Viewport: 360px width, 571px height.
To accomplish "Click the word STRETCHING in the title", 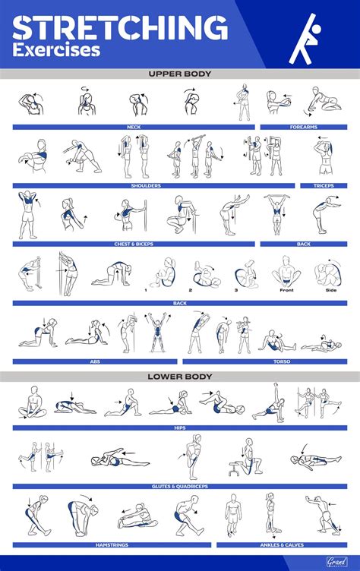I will [x=120, y=28].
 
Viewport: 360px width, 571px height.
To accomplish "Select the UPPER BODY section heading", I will [x=180, y=74].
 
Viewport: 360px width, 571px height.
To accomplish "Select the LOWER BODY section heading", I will [x=180, y=376].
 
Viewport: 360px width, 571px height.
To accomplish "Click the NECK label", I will [x=133, y=127].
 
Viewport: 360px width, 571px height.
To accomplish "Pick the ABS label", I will [x=95, y=361].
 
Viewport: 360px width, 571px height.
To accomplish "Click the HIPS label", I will [x=180, y=427].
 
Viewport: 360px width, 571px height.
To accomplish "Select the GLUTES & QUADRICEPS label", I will [x=180, y=486].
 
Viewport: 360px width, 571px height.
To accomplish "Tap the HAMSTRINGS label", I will [x=112, y=544].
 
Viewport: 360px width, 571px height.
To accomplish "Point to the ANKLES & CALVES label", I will [x=283, y=544].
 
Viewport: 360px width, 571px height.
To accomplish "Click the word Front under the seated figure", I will [x=286, y=289].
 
